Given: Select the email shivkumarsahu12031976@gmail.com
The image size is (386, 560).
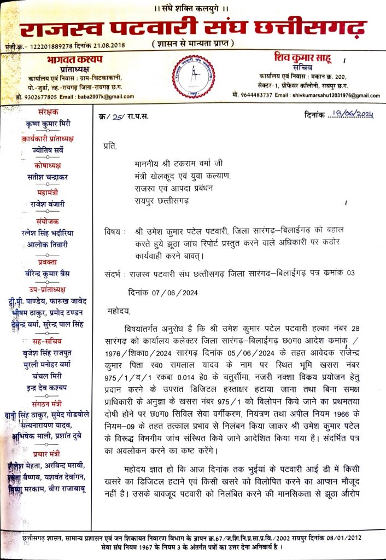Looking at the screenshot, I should (x=327, y=95).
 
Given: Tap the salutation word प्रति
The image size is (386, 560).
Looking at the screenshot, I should (x=110, y=146).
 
